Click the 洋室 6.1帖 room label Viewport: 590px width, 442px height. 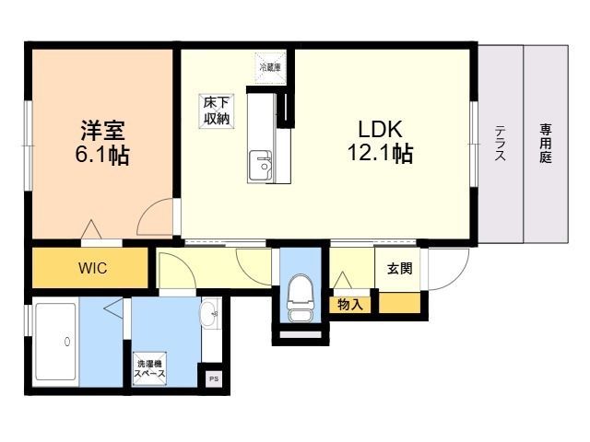(x=102, y=143)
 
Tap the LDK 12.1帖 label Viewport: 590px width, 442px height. (x=380, y=141)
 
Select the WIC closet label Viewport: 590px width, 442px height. (x=92, y=268)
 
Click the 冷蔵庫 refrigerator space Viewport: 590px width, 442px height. (x=270, y=67)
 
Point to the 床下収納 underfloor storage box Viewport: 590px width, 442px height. (x=217, y=111)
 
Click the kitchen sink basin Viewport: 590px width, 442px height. (x=260, y=166)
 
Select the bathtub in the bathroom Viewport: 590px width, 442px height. (x=56, y=342)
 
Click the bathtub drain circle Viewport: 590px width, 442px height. (x=67, y=342)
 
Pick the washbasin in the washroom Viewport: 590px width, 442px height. (x=210, y=313)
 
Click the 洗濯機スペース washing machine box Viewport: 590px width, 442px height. (x=149, y=368)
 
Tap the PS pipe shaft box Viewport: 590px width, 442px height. (x=214, y=378)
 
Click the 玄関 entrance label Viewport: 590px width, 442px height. (x=399, y=268)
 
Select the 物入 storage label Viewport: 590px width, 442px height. (x=350, y=305)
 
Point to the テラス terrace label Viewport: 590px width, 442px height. (x=500, y=143)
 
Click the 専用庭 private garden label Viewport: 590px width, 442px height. (x=545, y=144)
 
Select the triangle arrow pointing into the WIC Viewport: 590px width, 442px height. (x=91, y=228)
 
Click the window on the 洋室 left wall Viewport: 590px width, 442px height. (x=28, y=145)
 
